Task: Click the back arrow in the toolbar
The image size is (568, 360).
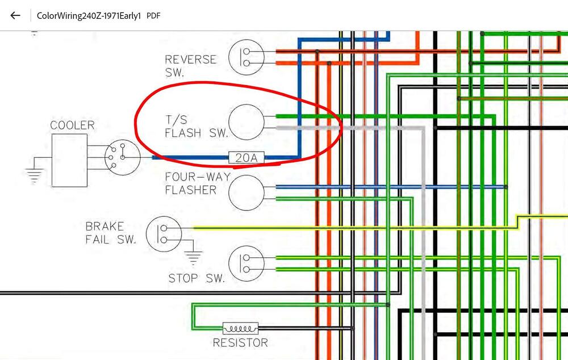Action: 15,15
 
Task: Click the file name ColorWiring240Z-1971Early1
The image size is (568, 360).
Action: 89,16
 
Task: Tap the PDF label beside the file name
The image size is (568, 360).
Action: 153,16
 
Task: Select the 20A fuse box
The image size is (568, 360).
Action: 247,157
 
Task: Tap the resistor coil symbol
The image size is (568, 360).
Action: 240,328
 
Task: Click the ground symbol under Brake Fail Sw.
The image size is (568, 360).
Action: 193,257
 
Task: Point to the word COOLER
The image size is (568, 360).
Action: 73,125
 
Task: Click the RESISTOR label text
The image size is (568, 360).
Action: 240,342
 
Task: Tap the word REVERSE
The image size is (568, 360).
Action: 190,60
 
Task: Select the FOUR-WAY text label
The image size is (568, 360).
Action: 198,177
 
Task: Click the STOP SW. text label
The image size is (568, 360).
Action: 197,278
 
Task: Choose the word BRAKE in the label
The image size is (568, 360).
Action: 105,227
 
